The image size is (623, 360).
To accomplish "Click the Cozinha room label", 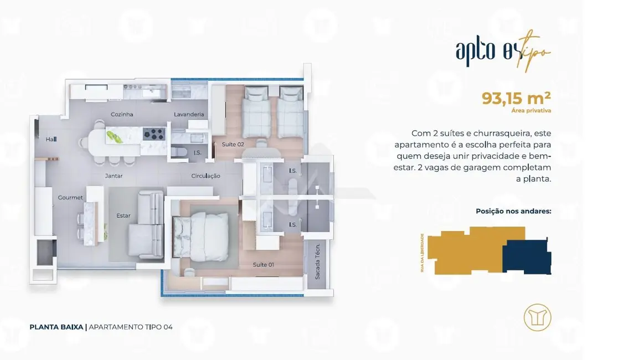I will pos(122,115).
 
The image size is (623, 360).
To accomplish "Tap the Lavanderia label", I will pos(189,115).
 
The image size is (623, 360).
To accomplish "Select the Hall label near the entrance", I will pos(51,140).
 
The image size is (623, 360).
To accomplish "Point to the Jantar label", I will pos(114,176).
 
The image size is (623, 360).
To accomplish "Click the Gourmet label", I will pos(70,198).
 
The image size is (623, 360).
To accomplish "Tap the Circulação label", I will pos(205,176).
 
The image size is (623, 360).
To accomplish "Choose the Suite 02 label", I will pos(233,144).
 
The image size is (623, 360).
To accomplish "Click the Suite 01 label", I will pos(263,265).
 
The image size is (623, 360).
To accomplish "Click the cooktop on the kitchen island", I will pos(154,133).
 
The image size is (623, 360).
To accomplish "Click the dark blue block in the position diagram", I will pos(526,256).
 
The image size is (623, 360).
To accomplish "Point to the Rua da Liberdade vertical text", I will pos(423,252).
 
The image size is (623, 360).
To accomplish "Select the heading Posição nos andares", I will pos(513,211).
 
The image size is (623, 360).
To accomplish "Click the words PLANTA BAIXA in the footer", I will pos(56,327).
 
